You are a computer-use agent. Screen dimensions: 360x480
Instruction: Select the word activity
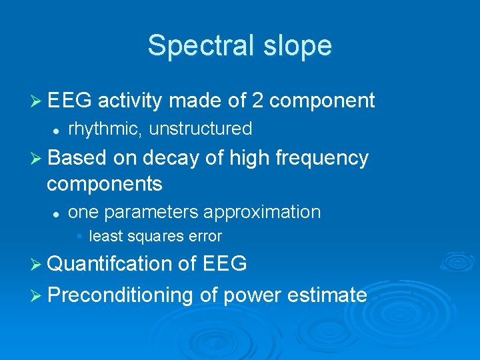click(x=130, y=101)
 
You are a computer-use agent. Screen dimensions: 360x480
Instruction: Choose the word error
click(x=205, y=236)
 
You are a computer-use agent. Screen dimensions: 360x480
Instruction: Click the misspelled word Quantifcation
click(x=109, y=265)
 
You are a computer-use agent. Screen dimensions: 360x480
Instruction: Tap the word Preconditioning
click(x=120, y=295)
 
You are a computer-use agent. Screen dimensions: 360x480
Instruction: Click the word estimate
click(x=328, y=295)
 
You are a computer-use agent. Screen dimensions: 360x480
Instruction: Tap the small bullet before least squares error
click(x=79, y=237)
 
